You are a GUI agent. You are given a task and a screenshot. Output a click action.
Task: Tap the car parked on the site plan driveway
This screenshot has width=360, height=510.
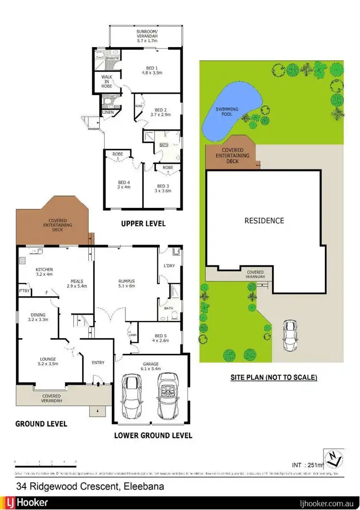tap(289, 336)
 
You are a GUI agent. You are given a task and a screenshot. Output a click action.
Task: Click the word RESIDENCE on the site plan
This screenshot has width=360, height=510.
tap(264, 221)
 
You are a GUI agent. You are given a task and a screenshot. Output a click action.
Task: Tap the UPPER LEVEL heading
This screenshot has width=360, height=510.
tap(143, 224)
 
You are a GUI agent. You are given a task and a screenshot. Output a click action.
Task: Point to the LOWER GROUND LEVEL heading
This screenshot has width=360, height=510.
tap(153, 436)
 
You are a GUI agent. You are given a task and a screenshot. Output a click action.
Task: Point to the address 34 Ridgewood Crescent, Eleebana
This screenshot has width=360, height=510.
tap(90, 486)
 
